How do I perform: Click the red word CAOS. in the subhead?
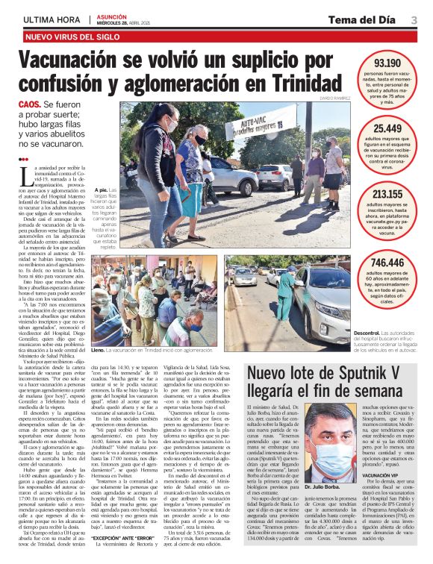[x=29, y=106]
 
